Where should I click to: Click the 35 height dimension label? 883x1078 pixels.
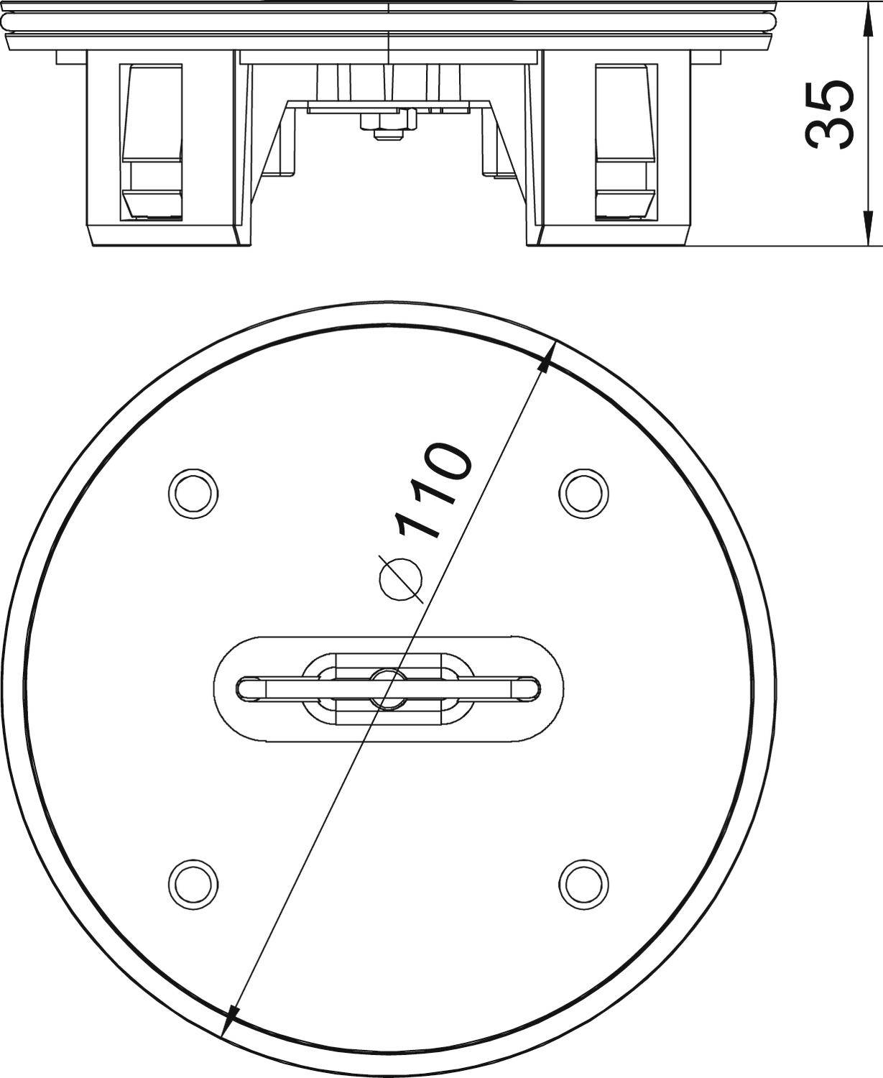click(x=830, y=115)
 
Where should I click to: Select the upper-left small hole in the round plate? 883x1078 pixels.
click(x=193, y=493)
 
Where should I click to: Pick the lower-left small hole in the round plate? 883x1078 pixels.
click(x=193, y=882)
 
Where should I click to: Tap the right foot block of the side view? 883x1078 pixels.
click(x=614, y=234)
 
